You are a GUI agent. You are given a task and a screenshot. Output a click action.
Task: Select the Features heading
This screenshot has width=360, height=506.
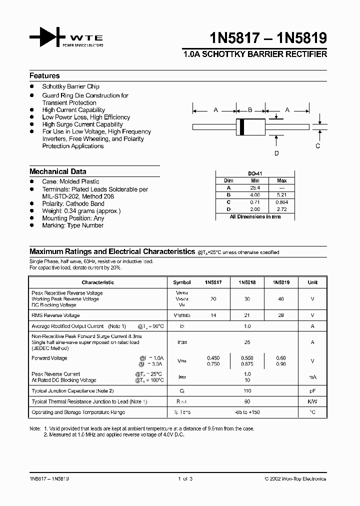[44, 76]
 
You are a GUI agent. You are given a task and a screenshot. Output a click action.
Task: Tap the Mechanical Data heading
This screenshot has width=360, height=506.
[57, 171]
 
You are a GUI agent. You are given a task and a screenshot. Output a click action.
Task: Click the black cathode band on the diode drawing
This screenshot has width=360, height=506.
[242, 127]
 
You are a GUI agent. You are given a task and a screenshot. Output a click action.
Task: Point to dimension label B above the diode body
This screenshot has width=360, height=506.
[250, 110]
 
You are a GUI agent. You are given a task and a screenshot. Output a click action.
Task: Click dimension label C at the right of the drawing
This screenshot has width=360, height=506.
[317, 146]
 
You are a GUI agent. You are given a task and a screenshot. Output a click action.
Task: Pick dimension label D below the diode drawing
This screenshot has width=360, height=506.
[276, 153]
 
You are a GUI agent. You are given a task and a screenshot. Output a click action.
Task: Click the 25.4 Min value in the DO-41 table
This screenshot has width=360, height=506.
[255, 187]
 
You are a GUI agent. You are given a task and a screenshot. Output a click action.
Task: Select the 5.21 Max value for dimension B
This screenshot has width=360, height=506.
[281, 194]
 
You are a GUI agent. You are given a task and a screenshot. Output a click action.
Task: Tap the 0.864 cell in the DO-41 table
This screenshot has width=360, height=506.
[281, 202]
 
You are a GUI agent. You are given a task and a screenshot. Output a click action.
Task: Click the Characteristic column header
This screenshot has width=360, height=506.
[97, 282]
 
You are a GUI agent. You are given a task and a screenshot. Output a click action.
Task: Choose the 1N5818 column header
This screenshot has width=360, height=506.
[247, 282]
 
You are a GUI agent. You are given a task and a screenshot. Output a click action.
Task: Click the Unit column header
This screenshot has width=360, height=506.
[312, 282]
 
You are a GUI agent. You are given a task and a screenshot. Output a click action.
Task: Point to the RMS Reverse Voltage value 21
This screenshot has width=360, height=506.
[247, 315]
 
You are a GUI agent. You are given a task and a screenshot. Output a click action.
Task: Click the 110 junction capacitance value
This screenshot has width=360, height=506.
[247, 390]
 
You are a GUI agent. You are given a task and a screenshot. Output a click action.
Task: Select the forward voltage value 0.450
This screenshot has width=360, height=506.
[213, 358]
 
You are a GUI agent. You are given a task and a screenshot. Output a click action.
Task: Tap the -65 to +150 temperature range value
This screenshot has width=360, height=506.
[247, 412]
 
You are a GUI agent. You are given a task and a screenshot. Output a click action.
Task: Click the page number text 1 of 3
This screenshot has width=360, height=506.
[184, 479]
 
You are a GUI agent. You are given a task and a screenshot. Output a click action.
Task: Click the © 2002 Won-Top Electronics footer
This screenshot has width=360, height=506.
[295, 479]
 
